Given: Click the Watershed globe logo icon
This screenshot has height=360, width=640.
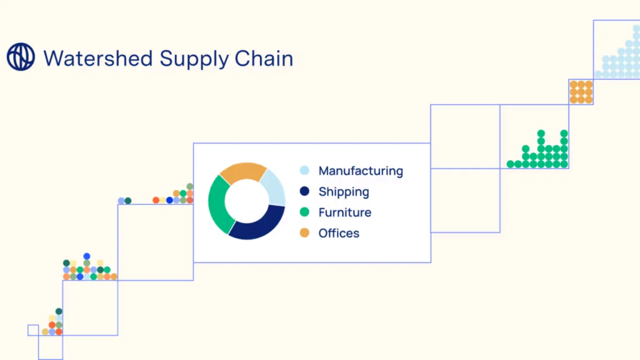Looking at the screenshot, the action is [21, 57].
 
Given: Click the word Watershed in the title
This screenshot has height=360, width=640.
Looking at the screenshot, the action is [98, 58].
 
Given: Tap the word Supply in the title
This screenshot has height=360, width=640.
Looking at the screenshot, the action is [194, 59].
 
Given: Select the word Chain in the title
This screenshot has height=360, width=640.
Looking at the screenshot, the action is [264, 58].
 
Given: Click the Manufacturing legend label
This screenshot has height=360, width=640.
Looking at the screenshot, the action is [361, 171].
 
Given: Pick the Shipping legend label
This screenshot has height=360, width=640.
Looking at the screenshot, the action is [344, 192].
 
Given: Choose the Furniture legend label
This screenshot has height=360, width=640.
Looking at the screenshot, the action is [345, 212].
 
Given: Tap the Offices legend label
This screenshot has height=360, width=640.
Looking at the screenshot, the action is [339, 233].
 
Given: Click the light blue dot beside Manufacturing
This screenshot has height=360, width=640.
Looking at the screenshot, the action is [305, 170].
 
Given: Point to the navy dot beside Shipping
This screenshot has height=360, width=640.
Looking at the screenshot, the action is [305, 191].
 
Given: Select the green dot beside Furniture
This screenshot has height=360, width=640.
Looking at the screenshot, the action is [305, 212].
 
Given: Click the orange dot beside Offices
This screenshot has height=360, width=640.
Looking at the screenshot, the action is [305, 233].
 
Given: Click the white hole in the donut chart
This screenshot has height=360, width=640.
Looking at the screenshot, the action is [247, 201].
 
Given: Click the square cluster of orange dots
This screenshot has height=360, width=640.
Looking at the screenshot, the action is [581, 92].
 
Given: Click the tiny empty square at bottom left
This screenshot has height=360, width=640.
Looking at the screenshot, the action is [33, 330].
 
